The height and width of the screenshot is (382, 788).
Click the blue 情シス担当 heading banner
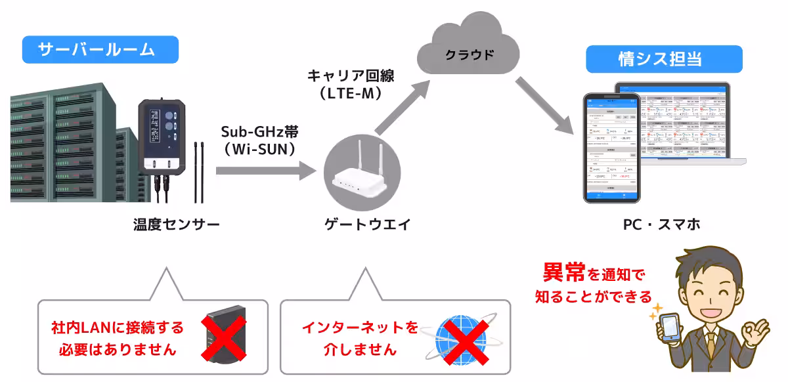click(x=663, y=59)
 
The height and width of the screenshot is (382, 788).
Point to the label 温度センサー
click(x=176, y=224)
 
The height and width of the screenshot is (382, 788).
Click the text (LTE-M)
click(x=351, y=93)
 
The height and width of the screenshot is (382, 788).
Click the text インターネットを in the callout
click(x=360, y=328)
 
